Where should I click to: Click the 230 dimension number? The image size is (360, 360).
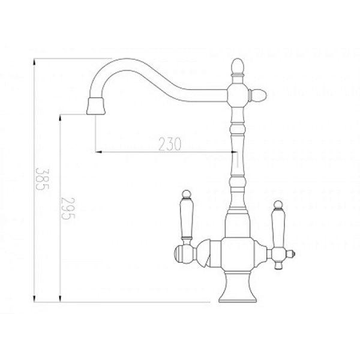(x=170, y=144)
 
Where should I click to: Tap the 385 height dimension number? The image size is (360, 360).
(x=42, y=179)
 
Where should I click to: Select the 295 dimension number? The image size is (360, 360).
(x=68, y=208)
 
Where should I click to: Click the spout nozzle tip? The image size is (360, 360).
(x=96, y=106)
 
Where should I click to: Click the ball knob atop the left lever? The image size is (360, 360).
(x=187, y=194)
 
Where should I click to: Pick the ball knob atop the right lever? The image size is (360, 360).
(x=278, y=205)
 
